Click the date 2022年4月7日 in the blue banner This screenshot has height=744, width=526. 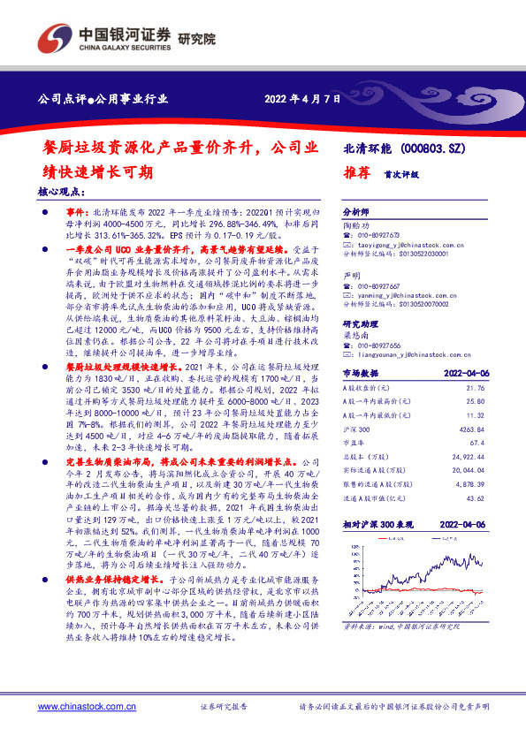[x=301, y=99]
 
